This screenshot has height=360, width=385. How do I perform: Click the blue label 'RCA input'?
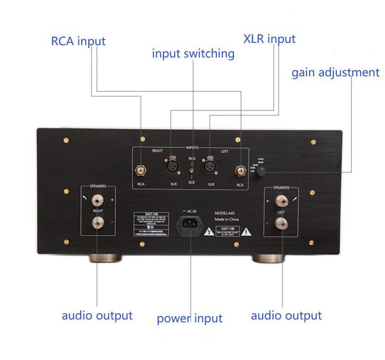tap(78, 41)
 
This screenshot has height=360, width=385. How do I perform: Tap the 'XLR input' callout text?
tap(269, 39)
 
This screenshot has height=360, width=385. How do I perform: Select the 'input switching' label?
tap(193, 54)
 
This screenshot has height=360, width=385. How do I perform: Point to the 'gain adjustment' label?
tap(335, 73)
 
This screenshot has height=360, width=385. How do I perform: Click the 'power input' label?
tap(189, 319)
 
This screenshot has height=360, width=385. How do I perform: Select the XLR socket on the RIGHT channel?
tap(171, 166)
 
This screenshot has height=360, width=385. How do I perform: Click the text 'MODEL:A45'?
tap(228, 213)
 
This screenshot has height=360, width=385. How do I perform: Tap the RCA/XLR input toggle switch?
tap(191, 170)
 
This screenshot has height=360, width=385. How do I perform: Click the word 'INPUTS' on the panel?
tap(192, 148)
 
